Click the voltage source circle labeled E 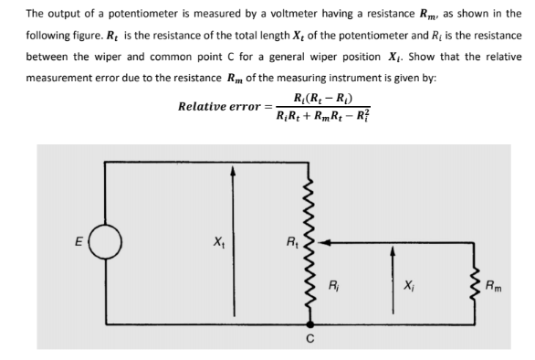[x=104, y=243]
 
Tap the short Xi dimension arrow [x=394, y=279]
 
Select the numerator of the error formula [x=312, y=97]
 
